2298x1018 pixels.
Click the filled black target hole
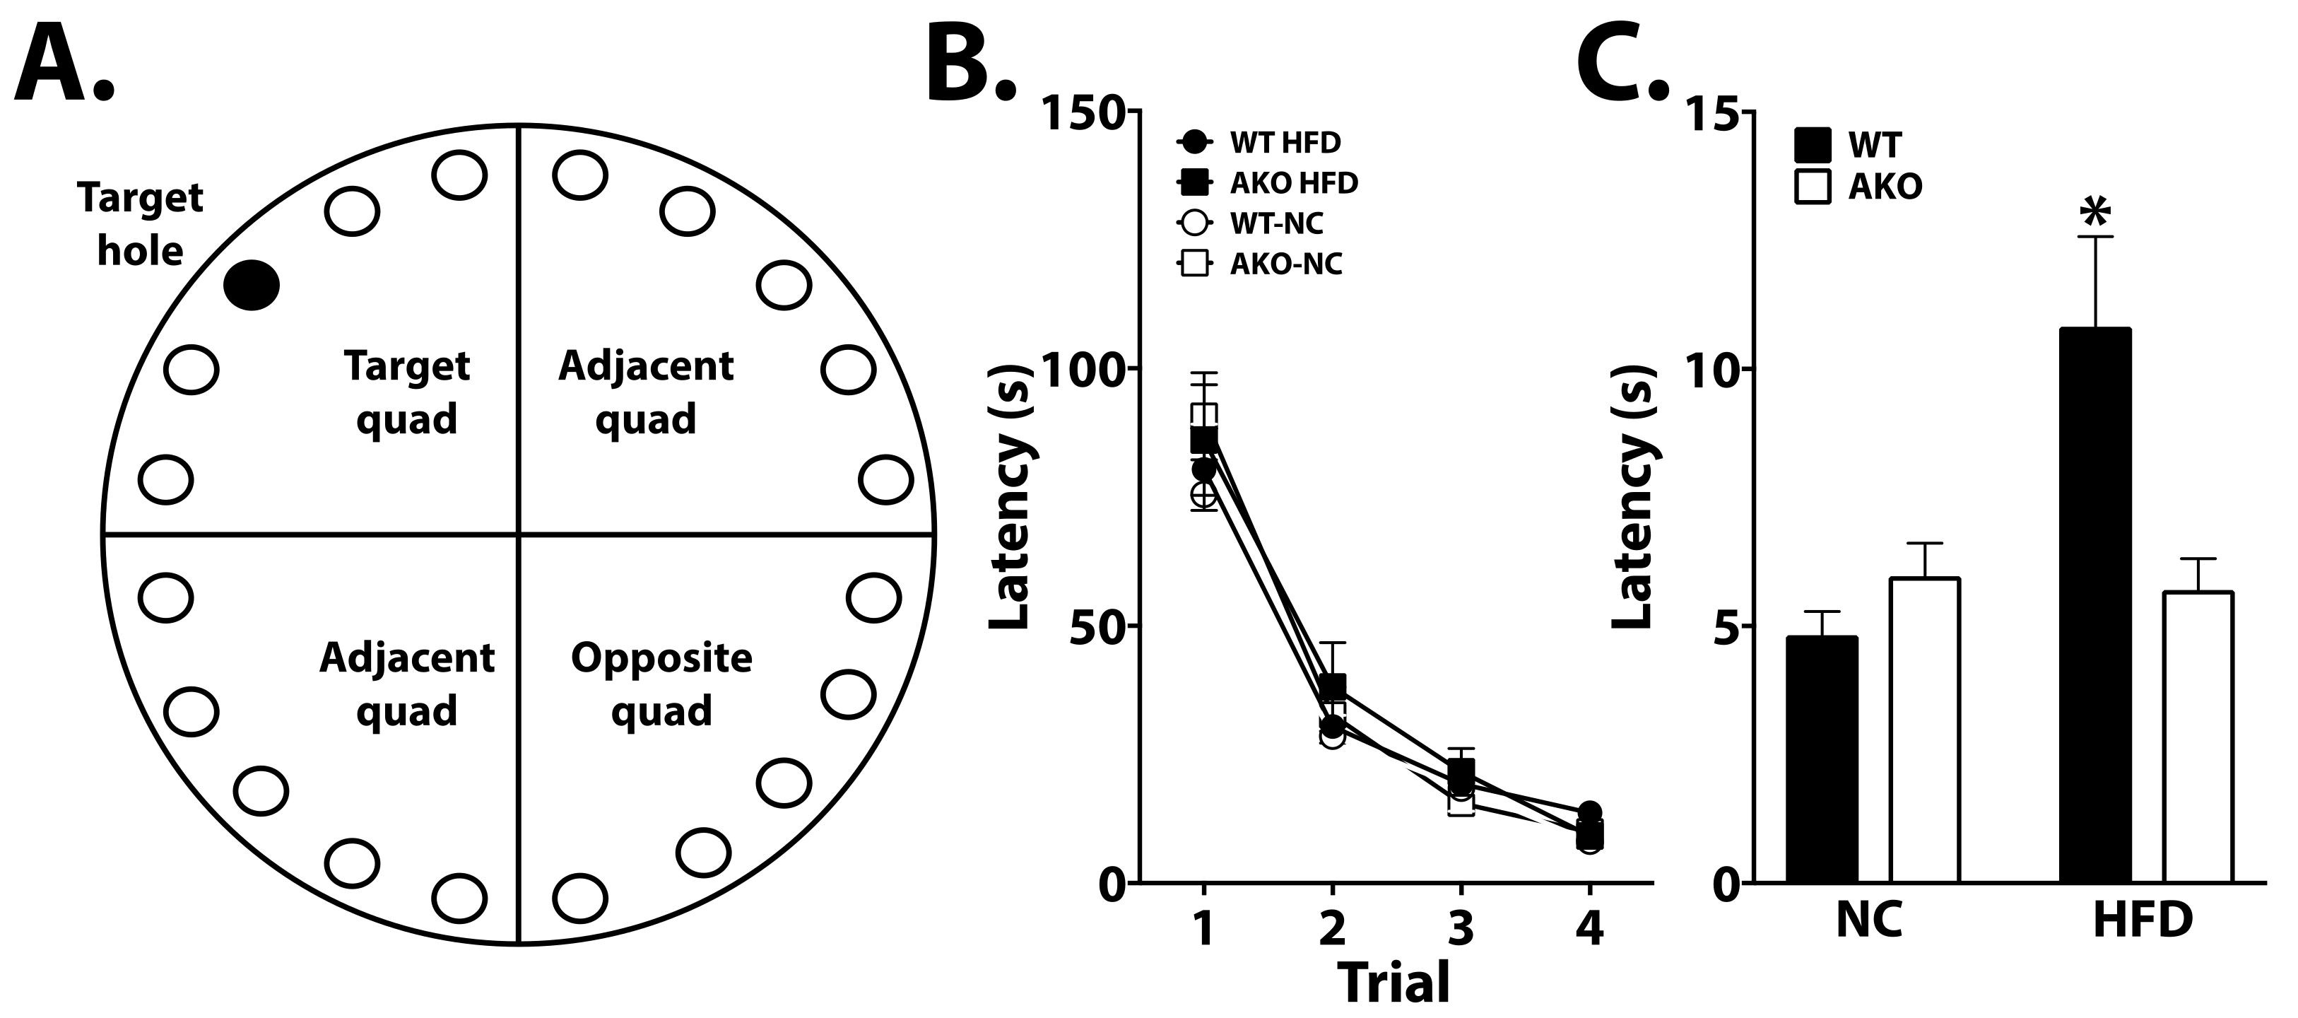click(x=252, y=286)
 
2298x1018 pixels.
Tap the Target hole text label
click(x=140, y=225)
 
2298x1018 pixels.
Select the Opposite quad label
click(x=661, y=684)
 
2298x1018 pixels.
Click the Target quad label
click(x=407, y=392)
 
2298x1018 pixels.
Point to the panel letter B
click(x=971, y=62)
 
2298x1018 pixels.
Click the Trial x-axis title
click(x=1393, y=984)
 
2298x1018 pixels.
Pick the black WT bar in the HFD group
click(x=2095, y=607)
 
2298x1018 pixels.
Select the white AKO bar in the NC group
click(x=1924, y=731)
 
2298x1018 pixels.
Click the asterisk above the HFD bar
click(x=2095, y=212)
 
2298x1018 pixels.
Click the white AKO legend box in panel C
click(x=1813, y=187)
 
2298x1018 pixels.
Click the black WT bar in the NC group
click(x=1822, y=760)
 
